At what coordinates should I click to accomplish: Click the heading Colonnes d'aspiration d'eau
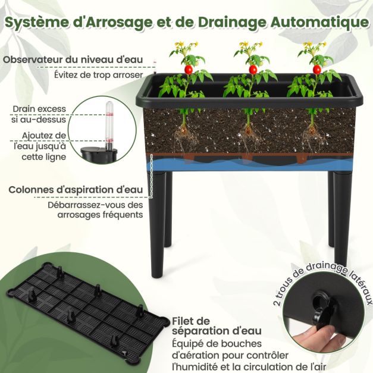pos(76,190)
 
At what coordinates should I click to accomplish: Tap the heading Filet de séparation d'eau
pos(215,325)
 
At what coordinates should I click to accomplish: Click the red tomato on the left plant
pos(189,69)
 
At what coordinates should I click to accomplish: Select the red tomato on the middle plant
pos(253,69)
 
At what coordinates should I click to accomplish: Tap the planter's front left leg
pos(157,226)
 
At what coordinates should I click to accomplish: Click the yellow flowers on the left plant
pos(181,47)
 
